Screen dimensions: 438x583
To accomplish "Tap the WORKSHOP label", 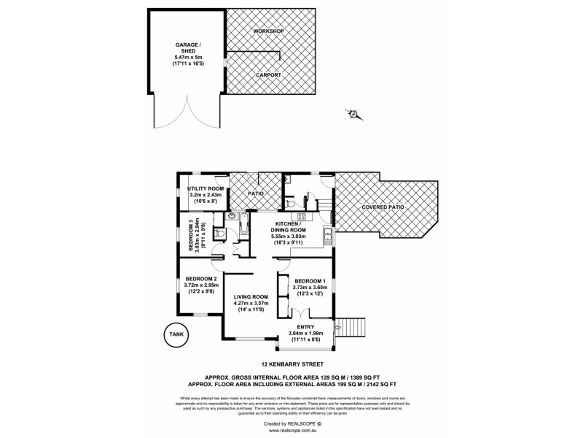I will point(268,33).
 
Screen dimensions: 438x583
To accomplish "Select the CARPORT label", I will point(268,74).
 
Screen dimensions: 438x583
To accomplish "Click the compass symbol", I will point(352,114).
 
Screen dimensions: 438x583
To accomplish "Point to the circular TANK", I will point(175,335).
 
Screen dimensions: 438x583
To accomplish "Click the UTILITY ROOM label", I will point(205,188).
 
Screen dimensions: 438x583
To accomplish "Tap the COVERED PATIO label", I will point(382,207).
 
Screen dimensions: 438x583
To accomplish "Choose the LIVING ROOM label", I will point(251,297).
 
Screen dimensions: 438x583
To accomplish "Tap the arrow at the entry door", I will point(335,328).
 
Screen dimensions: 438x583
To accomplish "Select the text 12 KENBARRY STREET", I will point(291,363).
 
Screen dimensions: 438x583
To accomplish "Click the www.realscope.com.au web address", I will point(291,431).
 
